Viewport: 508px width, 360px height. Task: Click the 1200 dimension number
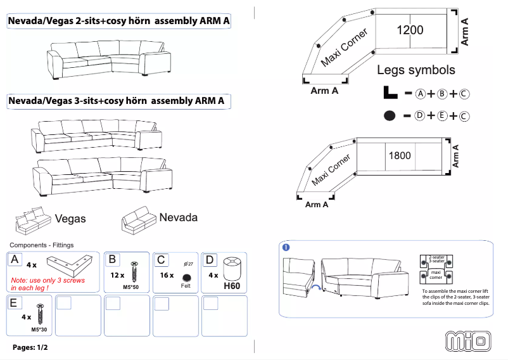click(410, 30)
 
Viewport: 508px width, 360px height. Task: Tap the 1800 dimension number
click(399, 155)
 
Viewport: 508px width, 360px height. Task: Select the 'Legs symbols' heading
click(416, 70)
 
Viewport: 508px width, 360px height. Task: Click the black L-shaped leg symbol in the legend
click(390, 93)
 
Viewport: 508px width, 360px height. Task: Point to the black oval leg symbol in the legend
click(390, 115)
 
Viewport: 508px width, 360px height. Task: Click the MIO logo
click(469, 340)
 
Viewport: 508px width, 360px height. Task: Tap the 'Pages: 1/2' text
click(30, 347)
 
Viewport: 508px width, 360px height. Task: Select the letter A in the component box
click(15, 259)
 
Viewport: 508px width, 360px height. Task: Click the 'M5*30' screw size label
click(40, 330)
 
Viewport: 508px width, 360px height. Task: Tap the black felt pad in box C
click(186, 278)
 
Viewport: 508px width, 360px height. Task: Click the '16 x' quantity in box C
click(167, 276)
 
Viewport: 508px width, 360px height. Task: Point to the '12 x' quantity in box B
click(117, 276)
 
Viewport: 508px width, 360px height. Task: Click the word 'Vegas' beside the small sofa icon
click(70, 219)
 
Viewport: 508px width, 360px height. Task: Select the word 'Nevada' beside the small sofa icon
click(178, 217)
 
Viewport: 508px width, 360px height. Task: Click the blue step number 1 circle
click(286, 247)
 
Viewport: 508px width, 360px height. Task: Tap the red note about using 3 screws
click(48, 284)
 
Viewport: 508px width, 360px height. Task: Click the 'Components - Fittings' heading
click(42, 245)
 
